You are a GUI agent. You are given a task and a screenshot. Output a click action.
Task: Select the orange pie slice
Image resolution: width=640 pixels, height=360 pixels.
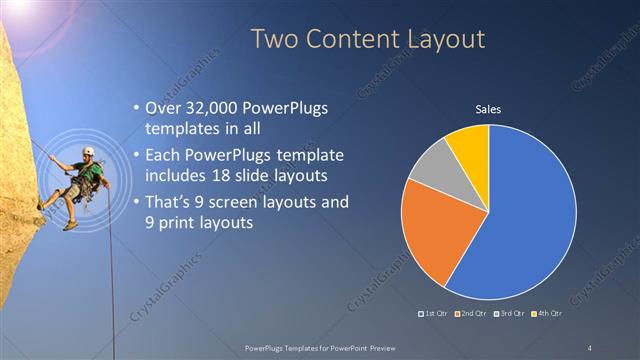point(432,235)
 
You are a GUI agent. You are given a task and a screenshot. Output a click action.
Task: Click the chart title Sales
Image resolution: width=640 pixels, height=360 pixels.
point(487,109)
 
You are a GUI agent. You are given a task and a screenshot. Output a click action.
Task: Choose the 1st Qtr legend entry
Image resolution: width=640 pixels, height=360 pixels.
point(434,315)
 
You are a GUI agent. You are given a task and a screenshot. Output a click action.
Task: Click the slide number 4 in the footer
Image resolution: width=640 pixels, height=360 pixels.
point(590,347)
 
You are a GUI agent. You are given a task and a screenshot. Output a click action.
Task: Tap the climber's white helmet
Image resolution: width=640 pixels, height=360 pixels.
point(88,152)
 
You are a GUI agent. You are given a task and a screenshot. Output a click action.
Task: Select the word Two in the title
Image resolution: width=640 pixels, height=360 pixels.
point(272,39)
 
